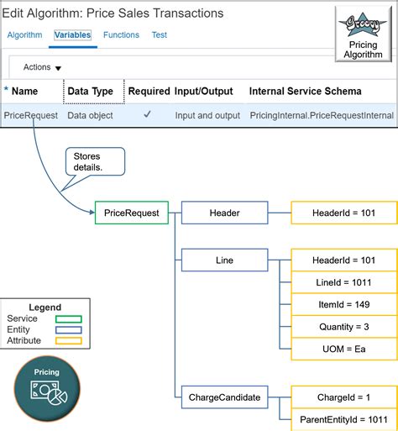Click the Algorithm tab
point(24,35)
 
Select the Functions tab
point(121,35)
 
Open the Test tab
point(160,35)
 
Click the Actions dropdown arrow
point(58,68)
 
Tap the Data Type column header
point(91,92)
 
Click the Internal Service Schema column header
point(305,92)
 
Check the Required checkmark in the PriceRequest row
point(147,114)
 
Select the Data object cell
point(90,115)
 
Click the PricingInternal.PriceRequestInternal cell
point(322,115)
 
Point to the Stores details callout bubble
point(95,161)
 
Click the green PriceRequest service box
point(132,213)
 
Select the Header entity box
point(224,213)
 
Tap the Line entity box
point(224,260)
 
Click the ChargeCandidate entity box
point(224,397)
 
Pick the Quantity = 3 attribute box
point(344,327)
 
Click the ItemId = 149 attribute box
point(344,304)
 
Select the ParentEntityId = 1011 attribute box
point(344,419)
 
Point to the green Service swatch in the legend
point(69,319)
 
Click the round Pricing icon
point(47,389)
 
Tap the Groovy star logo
point(363,24)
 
